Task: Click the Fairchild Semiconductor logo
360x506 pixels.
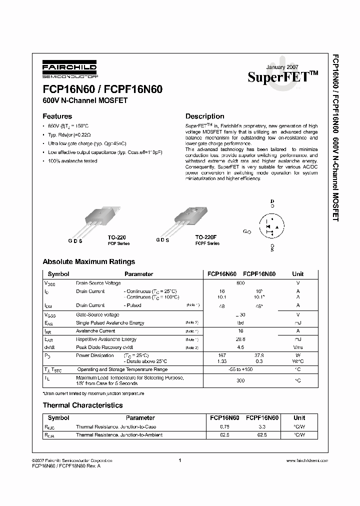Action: coord(69,69)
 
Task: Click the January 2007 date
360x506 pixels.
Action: coord(281,67)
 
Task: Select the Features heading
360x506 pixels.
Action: coord(57,116)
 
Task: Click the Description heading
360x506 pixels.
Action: coord(204,116)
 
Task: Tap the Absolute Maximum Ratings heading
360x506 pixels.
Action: coord(89,261)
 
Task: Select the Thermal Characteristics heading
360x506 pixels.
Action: coord(82,405)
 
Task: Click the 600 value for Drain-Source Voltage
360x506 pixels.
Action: coord(240,283)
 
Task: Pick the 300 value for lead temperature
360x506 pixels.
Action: coord(240,380)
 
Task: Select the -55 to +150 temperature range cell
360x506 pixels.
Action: coord(240,369)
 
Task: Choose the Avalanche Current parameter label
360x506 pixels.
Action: coord(95,331)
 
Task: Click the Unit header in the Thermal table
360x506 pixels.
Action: coord(299,417)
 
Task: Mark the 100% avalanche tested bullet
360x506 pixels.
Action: coord(73,161)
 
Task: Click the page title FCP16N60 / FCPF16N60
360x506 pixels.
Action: coord(98,89)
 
